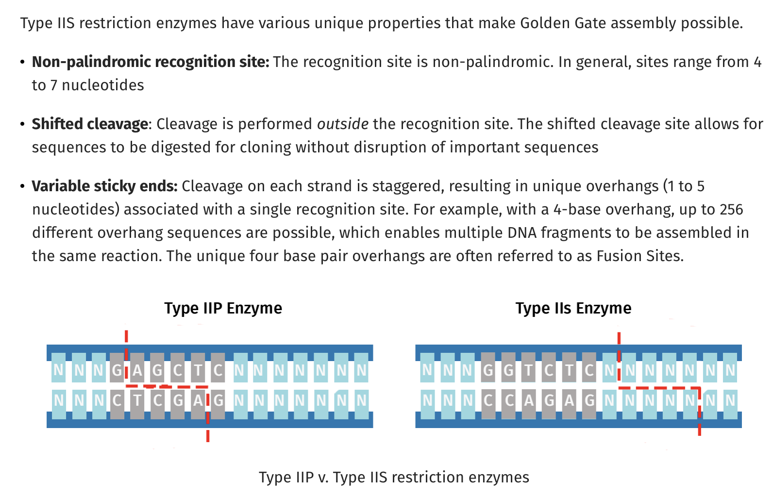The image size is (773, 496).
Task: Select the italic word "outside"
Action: click(x=342, y=124)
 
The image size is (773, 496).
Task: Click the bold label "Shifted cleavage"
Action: click(x=90, y=124)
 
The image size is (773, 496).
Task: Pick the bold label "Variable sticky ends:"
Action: click(x=104, y=186)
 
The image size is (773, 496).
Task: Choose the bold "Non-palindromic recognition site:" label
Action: click(x=150, y=62)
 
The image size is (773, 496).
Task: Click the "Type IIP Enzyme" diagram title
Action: click(x=223, y=308)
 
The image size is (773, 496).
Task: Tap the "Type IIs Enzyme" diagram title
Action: click(x=573, y=308)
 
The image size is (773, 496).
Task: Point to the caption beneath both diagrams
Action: click(x=394, y=478)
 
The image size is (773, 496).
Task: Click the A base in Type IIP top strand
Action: click(x=137, y=370)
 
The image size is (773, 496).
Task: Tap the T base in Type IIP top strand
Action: click(x=198, y=370)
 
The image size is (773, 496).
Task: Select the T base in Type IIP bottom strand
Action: click(x=137, y=400)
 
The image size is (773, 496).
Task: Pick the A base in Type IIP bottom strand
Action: click(x=198, y=400)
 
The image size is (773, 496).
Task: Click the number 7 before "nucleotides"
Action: click(x=54, y=85)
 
